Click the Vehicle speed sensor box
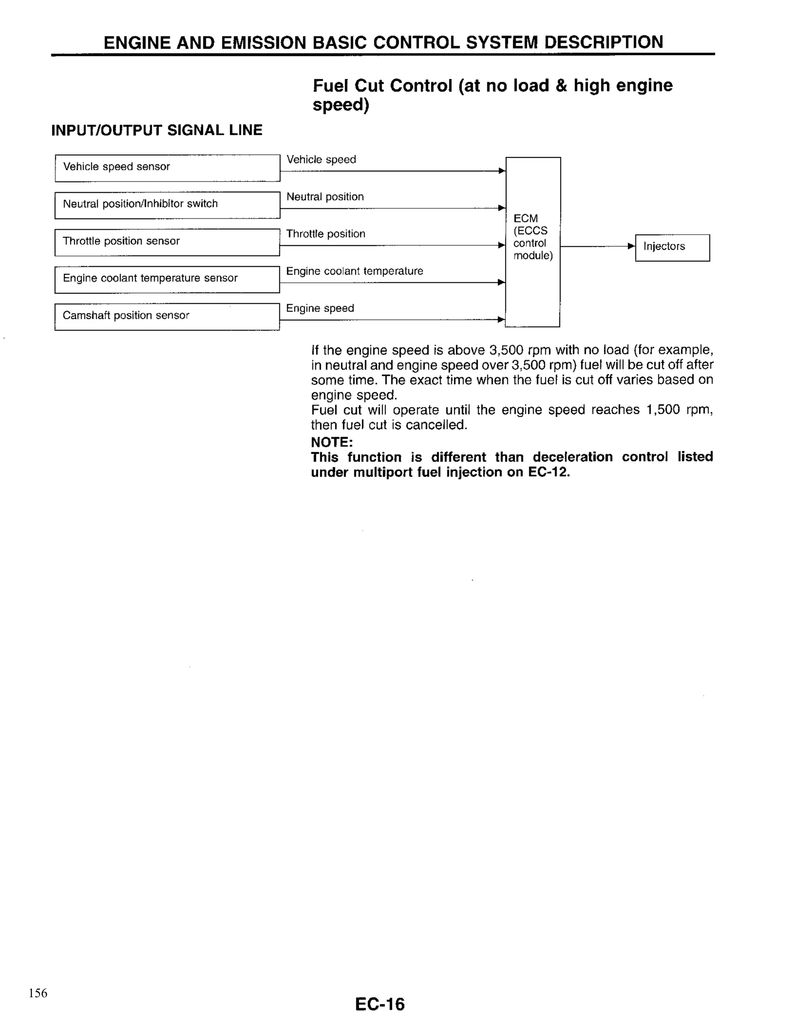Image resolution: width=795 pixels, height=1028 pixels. click(167, 168)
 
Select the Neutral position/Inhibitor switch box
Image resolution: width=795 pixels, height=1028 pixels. click(167, 205)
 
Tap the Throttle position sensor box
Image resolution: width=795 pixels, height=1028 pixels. click(167, 242)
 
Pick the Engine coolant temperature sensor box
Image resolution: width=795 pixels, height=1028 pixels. click(167, 280)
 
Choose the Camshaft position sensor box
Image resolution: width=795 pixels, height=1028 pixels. click(167, 317)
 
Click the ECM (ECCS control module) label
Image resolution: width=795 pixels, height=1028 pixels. click(533, 237)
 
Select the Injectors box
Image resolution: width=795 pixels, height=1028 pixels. click(672, 247)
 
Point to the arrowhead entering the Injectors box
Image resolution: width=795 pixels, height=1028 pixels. click(632, 246)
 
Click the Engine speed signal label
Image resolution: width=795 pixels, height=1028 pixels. click(320, 308)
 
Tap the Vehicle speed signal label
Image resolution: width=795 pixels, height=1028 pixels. click(321, 159)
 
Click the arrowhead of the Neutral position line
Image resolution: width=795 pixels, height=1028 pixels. click(502, 208)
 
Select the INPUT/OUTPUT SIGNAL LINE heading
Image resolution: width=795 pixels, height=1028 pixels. click(156, 130)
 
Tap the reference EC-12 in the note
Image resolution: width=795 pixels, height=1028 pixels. click(548, 472)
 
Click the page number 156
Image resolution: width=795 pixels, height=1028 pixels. click(38, 993)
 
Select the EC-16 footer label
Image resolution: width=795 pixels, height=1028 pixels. click(380, 1004)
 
